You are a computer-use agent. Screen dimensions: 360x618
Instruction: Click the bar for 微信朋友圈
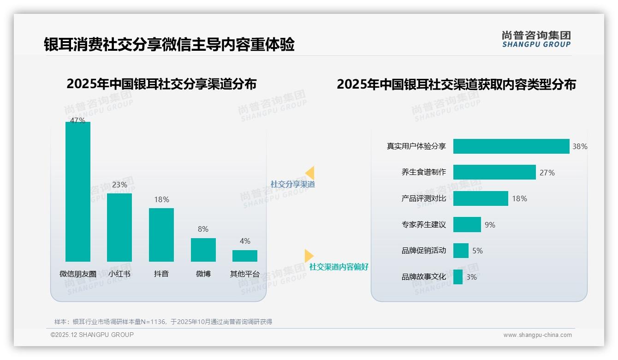pos(78,192)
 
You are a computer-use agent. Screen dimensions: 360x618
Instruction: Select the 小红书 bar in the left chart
pos(119,227)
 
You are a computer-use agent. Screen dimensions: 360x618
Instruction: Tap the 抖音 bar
pos(161,234)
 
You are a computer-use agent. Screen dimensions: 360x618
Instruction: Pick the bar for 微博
pos(203,250)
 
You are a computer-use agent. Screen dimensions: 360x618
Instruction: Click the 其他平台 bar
pos(245,256)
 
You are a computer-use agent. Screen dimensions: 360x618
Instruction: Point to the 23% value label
pos(119,185)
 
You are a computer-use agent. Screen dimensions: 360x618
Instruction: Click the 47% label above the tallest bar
pos(77,120)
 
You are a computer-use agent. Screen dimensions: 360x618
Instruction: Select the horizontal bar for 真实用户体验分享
pos(511,146)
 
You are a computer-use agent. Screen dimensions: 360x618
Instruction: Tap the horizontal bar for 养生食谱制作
pos(494,172)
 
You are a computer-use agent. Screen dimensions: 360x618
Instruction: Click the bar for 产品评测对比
pos(481,198)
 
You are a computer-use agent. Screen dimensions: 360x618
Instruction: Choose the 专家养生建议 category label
pos(423,225)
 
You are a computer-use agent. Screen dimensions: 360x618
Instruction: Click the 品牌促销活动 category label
pos(423,251)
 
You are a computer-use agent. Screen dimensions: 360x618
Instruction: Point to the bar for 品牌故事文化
pos(458,277)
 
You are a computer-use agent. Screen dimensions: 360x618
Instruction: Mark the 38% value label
pos(580,146)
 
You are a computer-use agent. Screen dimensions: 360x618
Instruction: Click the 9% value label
pos(490,225)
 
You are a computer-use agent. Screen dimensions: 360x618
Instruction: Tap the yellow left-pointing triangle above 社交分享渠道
pos(310,173)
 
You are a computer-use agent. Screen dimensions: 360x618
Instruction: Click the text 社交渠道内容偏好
pos(339,267)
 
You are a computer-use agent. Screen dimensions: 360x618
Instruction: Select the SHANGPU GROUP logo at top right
pos(536,39)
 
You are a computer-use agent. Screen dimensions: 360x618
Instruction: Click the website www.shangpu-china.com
pos(537,335)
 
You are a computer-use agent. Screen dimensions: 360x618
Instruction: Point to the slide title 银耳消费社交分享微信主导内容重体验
pos(169,45)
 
